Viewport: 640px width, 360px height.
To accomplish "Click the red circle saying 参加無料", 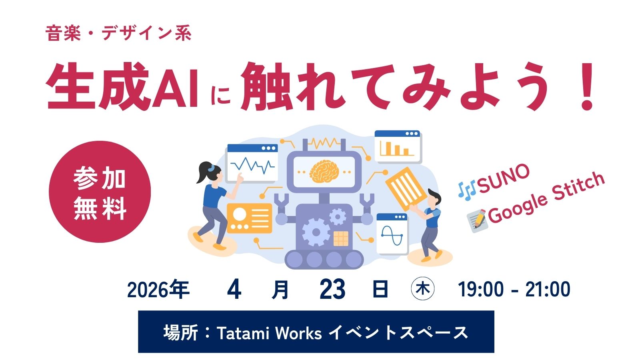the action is coord(100,192).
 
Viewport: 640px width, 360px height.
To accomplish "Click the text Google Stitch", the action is coord(546,197).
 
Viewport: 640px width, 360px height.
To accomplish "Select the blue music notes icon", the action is coord(466,190).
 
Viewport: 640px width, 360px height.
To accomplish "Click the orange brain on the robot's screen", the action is coord(324,171).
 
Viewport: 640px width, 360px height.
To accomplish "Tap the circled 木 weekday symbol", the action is coord(422,289).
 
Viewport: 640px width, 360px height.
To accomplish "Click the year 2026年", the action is coord(158,290).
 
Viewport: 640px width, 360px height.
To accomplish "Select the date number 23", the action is coord(332,290).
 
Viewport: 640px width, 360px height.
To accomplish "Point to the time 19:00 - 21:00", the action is coord(514,290).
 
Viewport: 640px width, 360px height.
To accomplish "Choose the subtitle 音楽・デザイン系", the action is coord(118,33).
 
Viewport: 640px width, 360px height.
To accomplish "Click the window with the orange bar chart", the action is coord(398,146).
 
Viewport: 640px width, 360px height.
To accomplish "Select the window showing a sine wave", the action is coord(392,234).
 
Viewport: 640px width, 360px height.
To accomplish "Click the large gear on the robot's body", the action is coord(316,232).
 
